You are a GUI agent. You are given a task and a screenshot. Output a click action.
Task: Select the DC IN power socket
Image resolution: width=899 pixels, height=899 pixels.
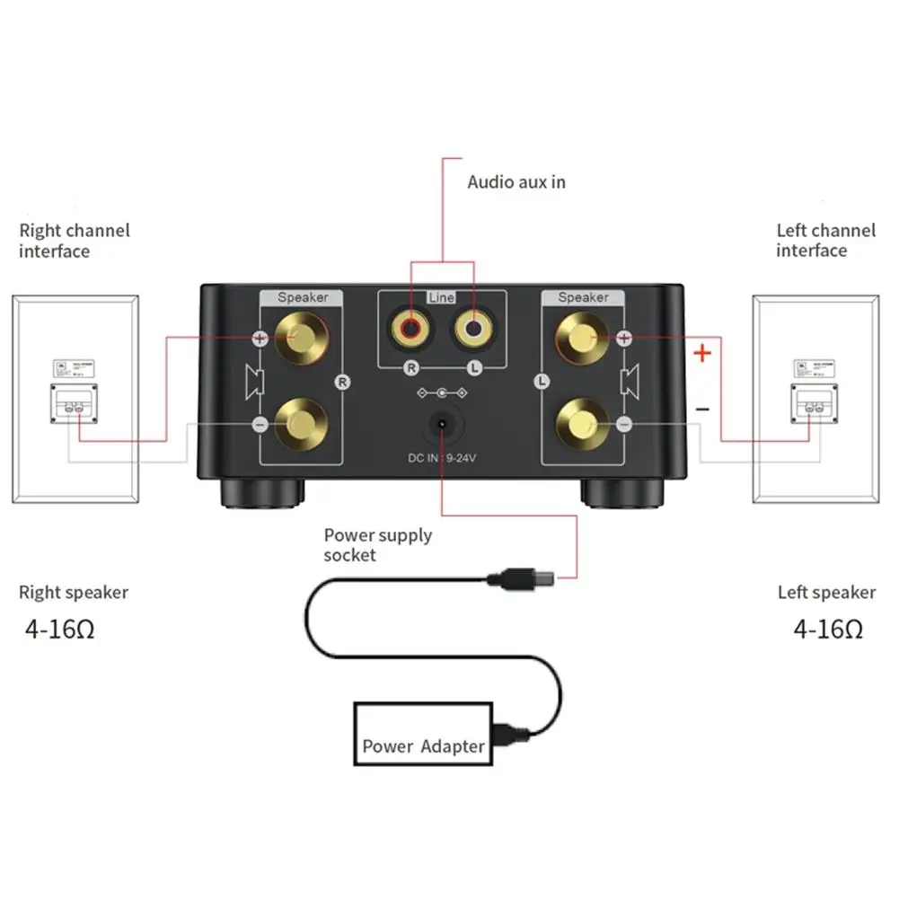(442, 426)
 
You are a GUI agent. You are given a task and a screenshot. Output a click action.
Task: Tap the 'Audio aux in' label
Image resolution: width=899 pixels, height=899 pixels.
(516, 181)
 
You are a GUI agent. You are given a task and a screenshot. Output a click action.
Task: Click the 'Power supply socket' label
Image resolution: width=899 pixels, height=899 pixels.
(377, 545)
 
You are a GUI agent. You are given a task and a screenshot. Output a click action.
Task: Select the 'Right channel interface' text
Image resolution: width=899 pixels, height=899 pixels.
(75, 241)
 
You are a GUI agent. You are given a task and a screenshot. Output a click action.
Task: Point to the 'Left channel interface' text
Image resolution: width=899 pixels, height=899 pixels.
(825, 241)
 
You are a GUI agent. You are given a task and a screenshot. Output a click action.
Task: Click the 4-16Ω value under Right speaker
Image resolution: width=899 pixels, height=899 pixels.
(59, 629)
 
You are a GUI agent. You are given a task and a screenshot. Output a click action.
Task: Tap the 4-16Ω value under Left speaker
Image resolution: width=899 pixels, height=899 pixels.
(828, 629)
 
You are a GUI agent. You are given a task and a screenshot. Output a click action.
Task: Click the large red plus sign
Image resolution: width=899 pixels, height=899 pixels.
(702, 353)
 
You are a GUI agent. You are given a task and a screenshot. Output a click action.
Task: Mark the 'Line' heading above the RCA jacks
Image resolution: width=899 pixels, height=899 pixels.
(441, 297)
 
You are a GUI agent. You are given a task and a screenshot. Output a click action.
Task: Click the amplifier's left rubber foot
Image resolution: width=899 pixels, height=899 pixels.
(260, 492)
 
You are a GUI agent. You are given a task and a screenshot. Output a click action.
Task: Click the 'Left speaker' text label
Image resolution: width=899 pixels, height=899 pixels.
(826, 593)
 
